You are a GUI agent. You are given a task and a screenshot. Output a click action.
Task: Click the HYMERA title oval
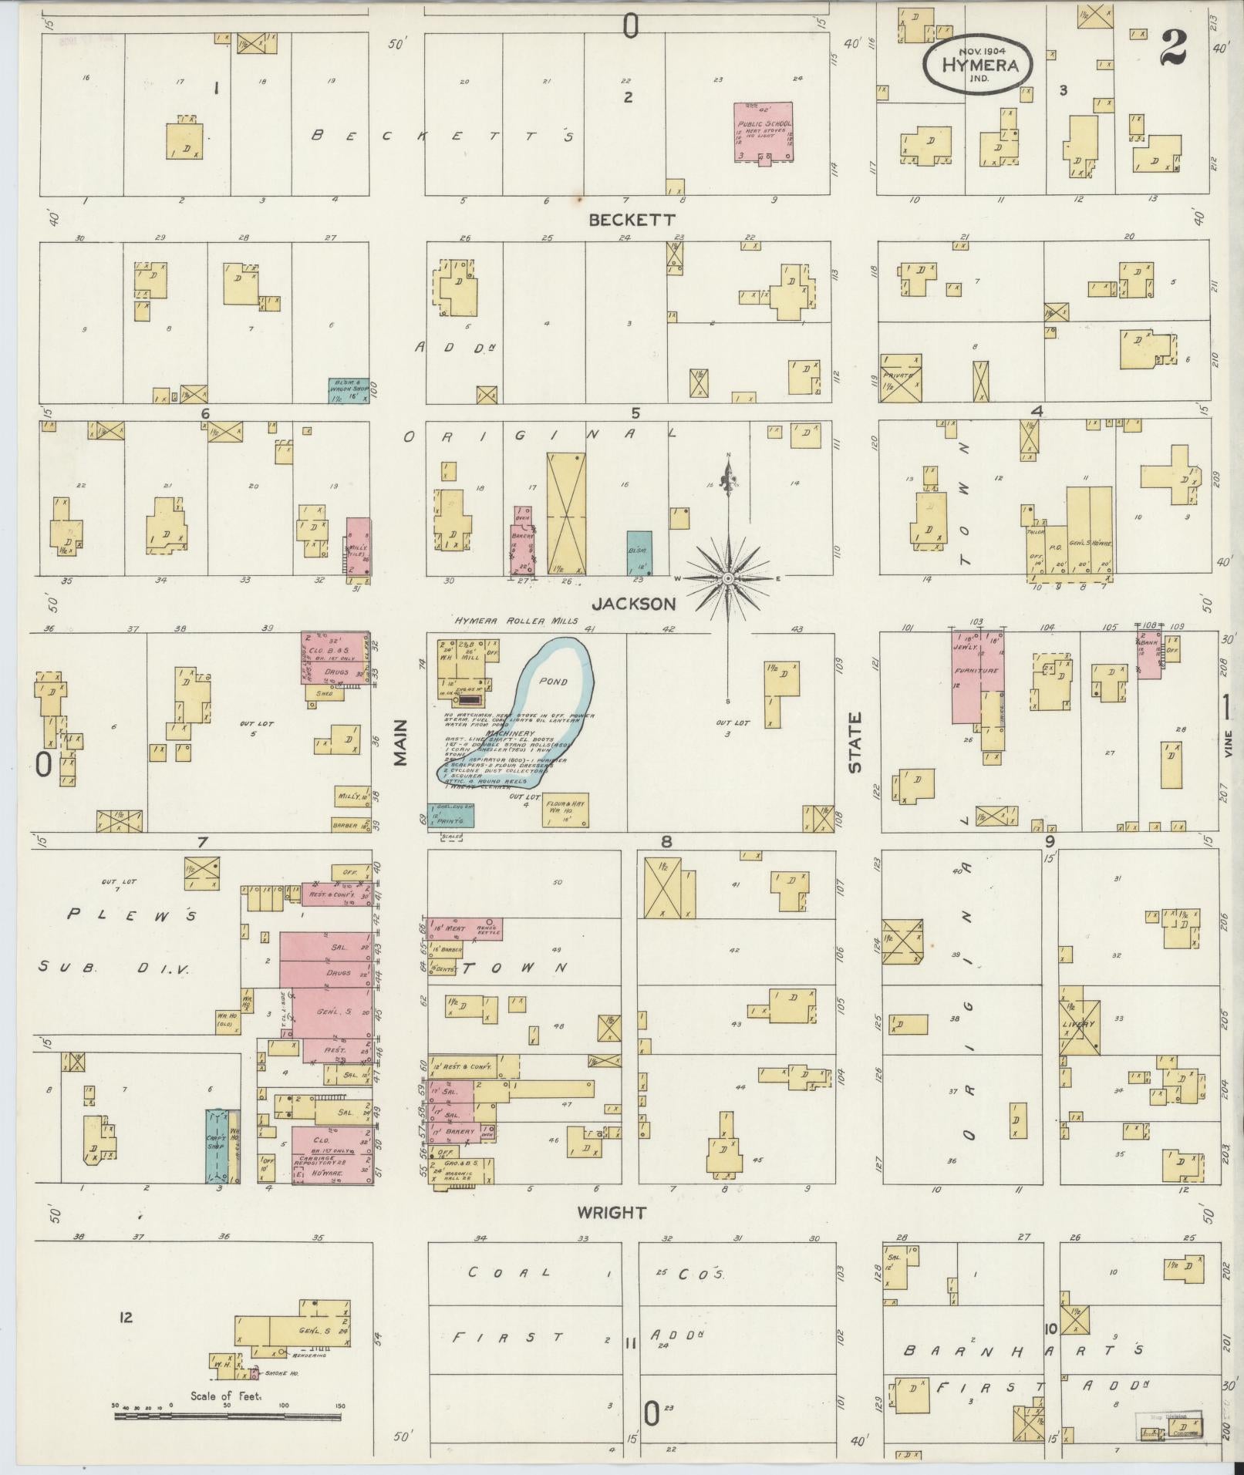(x=979, y=65)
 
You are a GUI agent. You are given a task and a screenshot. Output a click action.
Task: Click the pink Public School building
(x=764, y=132)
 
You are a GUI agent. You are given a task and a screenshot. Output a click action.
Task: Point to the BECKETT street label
(x=632, y=220)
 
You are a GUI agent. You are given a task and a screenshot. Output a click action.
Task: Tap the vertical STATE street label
(x=855, y=743)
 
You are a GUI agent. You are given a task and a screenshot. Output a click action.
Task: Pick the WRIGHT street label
(x=612, y=1213)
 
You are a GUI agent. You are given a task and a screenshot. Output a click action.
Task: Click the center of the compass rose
(x=727, y=578)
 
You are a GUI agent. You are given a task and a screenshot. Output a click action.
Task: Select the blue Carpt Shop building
(x=216, y=1146)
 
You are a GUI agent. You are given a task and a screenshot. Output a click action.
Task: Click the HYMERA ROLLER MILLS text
(x=510, y=621)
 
